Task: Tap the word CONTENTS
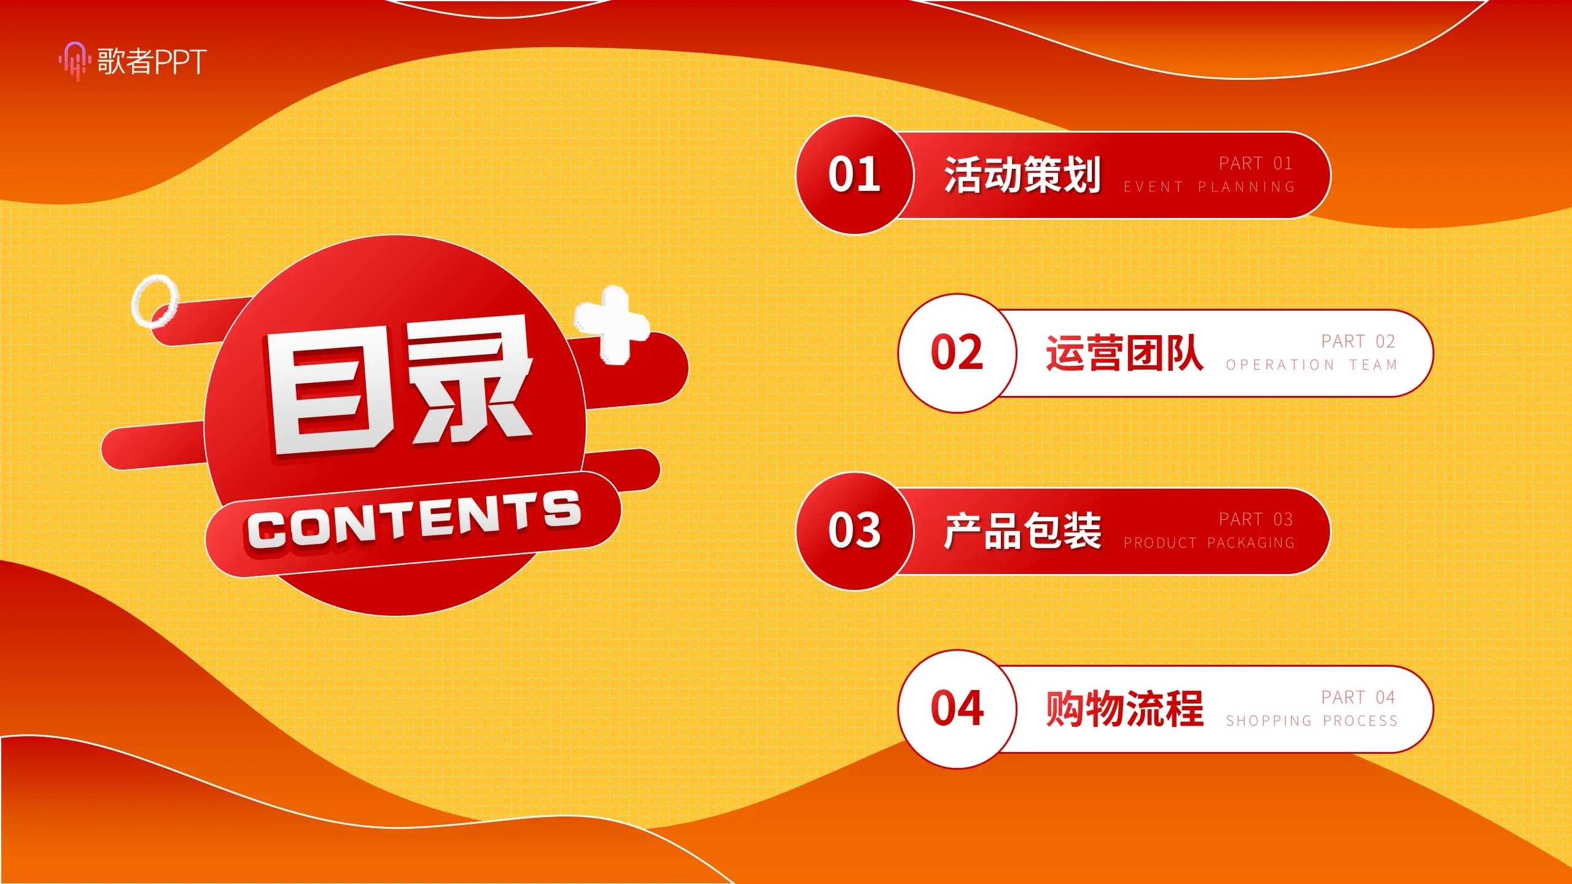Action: pos(414,521)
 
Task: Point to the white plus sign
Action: pos(612,324)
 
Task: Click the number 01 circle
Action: pos(855,175)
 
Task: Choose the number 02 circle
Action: pos(957,353)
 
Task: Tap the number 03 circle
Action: pos(855,531)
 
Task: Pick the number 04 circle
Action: pos(957,709)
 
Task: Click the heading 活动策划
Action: pos(1022,175)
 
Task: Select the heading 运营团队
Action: pos(1124,353)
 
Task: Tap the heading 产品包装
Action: pos(1022,531)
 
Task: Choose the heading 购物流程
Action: pos(1124,709)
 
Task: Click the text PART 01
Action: pos(1256,163)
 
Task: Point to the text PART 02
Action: pos(1358,341)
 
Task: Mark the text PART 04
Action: pos(1358,697)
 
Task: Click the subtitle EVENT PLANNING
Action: pos(1209,187)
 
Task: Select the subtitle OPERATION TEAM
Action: pos(1312,365)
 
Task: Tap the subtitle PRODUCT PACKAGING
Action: pos(1209,543)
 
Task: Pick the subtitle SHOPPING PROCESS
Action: pos(1312,721)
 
